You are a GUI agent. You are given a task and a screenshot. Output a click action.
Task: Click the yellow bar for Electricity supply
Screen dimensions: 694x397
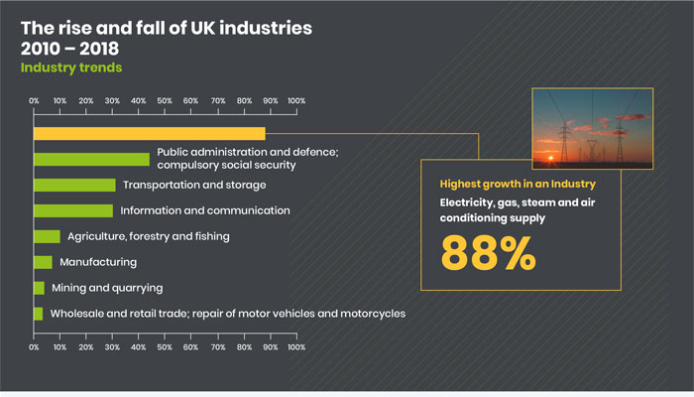click(x=150, y=133)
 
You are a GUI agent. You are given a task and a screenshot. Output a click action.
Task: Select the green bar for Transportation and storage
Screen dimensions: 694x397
click(x=74, y=185)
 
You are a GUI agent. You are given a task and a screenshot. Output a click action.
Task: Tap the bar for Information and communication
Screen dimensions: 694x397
click(x=73, y=210)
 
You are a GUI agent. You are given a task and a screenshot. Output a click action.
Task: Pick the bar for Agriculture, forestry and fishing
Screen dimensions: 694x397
click(x=47, y=236)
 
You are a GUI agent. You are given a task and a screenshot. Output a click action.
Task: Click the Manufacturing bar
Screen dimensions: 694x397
click(x=43, y=262)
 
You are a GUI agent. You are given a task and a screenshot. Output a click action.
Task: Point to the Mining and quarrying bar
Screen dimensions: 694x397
click(x=39, y=288)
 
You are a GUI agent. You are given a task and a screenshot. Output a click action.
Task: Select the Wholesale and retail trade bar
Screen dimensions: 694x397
click(x=39, y=314)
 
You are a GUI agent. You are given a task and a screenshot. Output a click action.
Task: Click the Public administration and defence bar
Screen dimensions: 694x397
click(x=91, y=159)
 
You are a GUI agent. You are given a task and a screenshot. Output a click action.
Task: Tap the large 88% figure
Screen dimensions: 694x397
click(x=488, y=252)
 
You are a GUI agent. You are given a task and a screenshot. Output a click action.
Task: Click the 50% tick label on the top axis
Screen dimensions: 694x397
click(x=165, y=101)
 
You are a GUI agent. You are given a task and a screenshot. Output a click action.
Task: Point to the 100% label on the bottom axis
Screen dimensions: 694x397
click(x=296, y=347)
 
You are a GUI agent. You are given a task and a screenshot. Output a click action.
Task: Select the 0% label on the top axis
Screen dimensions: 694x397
click(x=34, y=101)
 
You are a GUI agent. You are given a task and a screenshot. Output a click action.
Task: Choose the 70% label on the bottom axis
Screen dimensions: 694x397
click(x=218, y=347)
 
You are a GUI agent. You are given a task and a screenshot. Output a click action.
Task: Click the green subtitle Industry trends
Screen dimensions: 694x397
click(x=71, y=67)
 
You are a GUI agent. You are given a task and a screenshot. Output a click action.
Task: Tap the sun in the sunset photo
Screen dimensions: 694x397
click(x=550, y=158)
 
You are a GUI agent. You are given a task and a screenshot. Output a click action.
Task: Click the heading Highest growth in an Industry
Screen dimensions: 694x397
click(x=518, y=184)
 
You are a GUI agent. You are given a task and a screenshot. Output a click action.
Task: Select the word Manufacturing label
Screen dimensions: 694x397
click(x=98, y=262)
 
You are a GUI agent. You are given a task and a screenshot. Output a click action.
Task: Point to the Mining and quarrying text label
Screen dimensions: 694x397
click(x=107, y=288)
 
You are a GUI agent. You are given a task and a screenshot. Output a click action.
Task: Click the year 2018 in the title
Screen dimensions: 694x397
click(x=99, y=49)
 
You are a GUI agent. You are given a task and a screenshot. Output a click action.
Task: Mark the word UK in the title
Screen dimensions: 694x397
click(x=202, y=28)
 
